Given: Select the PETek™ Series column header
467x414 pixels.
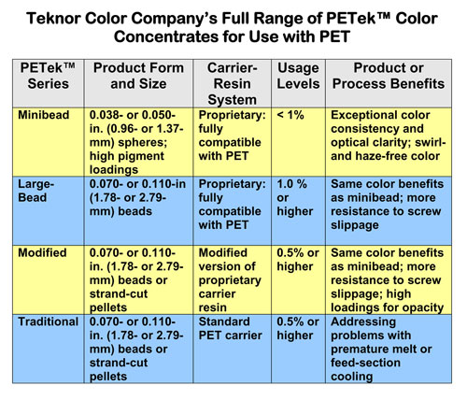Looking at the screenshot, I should [48, 79].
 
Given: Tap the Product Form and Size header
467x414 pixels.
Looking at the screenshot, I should [138, 79].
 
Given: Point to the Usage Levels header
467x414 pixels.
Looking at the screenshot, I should [297, 79].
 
